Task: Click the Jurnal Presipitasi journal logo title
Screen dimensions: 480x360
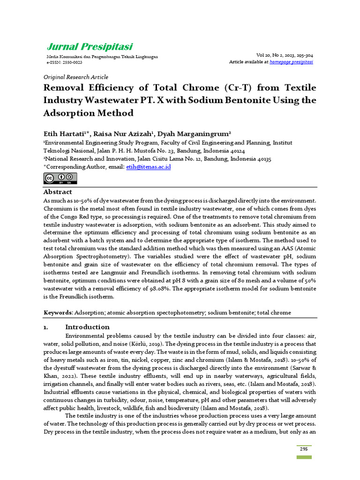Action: tap(90, 46)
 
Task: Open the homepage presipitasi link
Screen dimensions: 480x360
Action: tap(292, 62)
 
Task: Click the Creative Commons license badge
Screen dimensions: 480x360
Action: tap(60, 179)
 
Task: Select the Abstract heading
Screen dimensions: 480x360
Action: tap(58, 192)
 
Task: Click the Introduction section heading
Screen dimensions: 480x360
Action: tap(87, 327)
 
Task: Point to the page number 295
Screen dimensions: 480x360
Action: tap(304, 449)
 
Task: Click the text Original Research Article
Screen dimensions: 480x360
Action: tap(75, 77)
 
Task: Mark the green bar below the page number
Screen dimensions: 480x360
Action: tap(304, 457)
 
